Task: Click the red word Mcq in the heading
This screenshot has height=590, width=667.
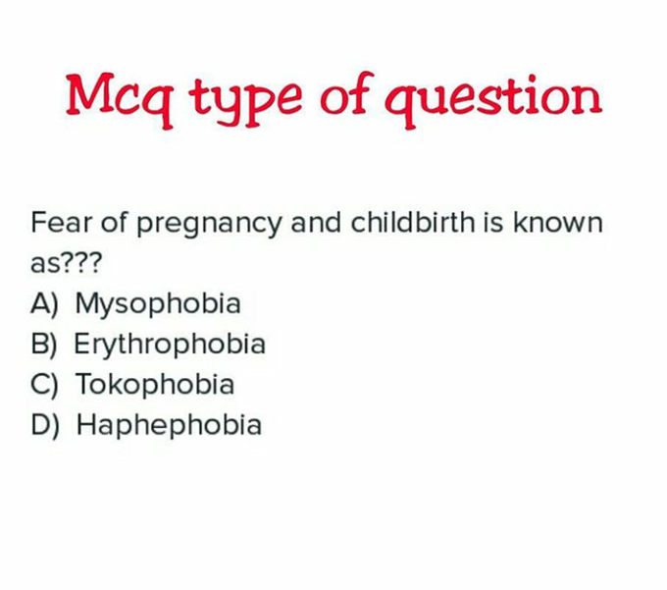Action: point(120,100)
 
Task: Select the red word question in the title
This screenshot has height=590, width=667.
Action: point(493,100)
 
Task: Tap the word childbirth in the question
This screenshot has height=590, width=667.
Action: point(413,222)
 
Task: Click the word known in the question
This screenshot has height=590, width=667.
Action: point(558,222)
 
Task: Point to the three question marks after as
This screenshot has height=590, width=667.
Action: point(82,262)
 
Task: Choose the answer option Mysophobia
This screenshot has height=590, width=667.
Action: point(158,303)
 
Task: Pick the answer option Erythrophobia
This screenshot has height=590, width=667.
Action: point(170,344)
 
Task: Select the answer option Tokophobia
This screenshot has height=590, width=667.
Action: point(155,384)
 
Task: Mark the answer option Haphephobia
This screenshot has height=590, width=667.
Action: point(169,425)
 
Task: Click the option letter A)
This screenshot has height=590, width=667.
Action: point(44,304)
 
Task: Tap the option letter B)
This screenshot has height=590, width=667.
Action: point(44,345)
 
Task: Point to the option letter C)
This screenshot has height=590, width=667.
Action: point(44,385)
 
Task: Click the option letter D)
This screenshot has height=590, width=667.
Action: point(45,425)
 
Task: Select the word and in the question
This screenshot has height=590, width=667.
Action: point(316,222)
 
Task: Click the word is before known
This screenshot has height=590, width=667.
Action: point(493,222)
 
